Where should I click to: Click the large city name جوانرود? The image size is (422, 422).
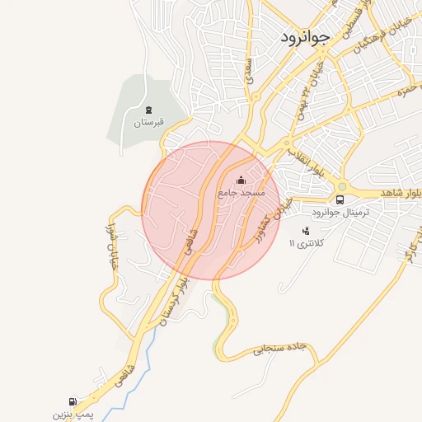pos(306,36)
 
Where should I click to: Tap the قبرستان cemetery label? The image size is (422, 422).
pos(149,123)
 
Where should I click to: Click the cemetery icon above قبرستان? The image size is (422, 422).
pos(149,110)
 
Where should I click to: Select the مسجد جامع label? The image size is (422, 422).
pos(241,192)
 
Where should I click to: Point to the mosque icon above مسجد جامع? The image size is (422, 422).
pos(241,180)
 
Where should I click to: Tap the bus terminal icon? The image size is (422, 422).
pos(340,199)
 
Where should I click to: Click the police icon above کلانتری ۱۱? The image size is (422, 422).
pos(307,231)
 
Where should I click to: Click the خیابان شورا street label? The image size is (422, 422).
pos(110,248)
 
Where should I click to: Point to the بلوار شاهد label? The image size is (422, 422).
pos(402,192)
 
